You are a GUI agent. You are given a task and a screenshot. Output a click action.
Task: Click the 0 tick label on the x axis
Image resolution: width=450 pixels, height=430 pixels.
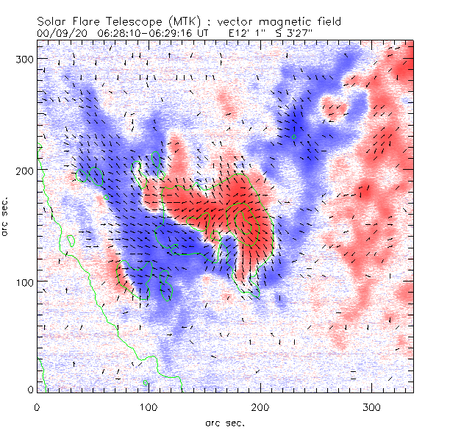[x=37, y=406]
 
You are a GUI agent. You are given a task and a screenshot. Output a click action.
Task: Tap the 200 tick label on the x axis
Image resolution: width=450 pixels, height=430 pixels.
[x=260, y=406]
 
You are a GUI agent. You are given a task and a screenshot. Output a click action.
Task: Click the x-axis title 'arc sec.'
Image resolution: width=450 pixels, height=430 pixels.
[x=224, y=422]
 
